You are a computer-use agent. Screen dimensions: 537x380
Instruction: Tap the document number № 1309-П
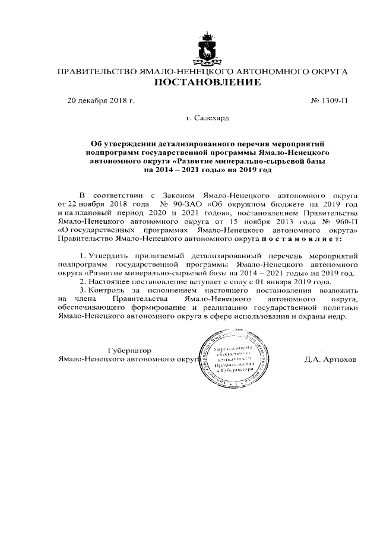point(329,101)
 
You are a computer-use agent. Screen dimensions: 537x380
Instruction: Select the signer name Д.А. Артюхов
point(330,360)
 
